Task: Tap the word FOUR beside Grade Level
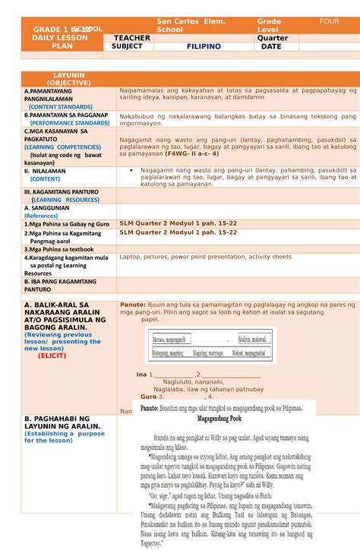pos(330,22)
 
